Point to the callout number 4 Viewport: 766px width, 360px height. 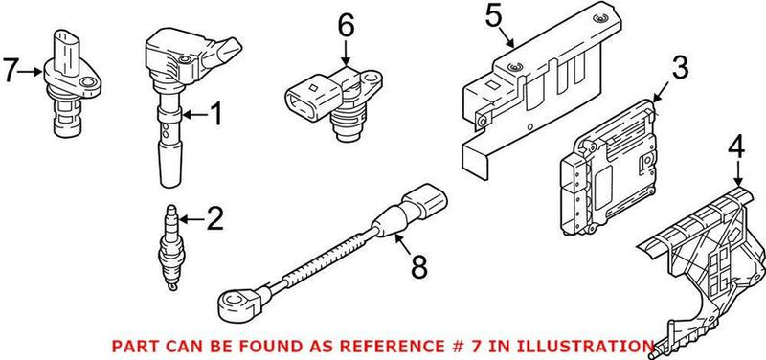pyautogui.click(x=735, y=148)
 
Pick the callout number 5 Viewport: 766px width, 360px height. pyautogui.click(x=493, y=16)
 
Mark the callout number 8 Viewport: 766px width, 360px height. pyautogui.click(x=417, y=268)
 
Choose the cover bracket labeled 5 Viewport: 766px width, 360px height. pyautogui.click(x=527, y=96)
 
